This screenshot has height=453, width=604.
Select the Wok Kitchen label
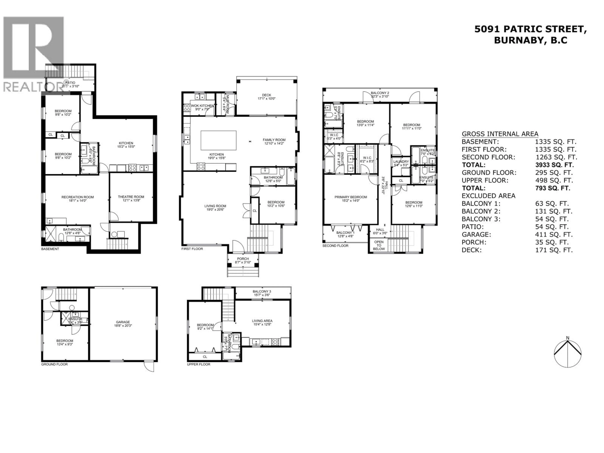pos(202,106)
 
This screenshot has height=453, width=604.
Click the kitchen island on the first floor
pos(218,140)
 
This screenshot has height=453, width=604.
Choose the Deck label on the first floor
pos(266,95)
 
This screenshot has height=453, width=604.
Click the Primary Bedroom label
pos(351,197)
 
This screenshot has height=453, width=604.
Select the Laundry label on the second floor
pos(401,162)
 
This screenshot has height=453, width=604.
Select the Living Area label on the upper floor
pos(262,321)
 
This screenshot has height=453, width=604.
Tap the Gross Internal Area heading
pos(500,134)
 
